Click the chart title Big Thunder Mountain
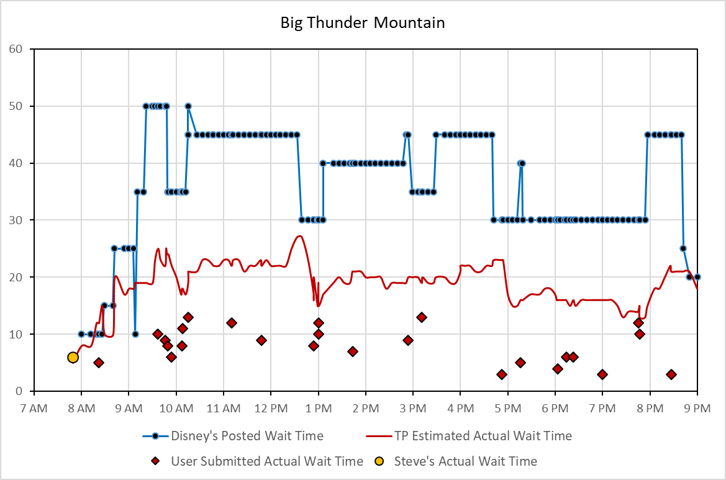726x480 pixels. [363, 24]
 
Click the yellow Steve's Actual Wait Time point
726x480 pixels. [73, 357]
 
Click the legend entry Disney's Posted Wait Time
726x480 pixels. [247, 436]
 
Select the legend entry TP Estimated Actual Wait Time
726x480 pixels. [483, 436]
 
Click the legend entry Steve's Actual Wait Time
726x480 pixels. [465, 461]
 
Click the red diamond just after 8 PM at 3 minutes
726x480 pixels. [671, 374]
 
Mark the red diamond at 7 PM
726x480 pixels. [602, 374]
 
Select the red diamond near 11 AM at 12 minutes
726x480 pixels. [232, 323]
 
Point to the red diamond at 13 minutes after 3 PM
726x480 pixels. [422, 317]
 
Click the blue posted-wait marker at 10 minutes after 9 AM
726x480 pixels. [135, 334]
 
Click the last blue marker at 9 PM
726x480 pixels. [697, 277]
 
